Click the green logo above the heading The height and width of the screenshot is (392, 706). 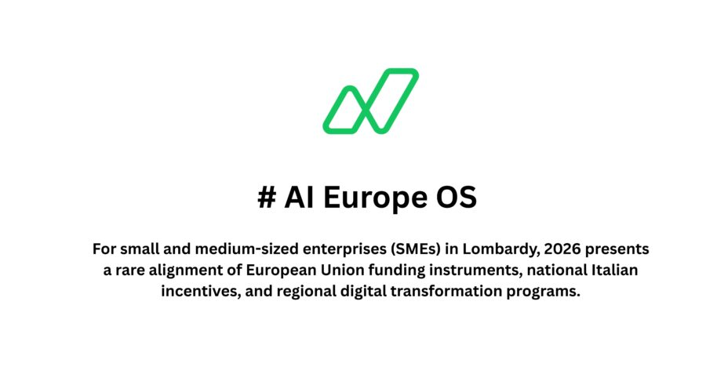[x=370, y=100]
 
